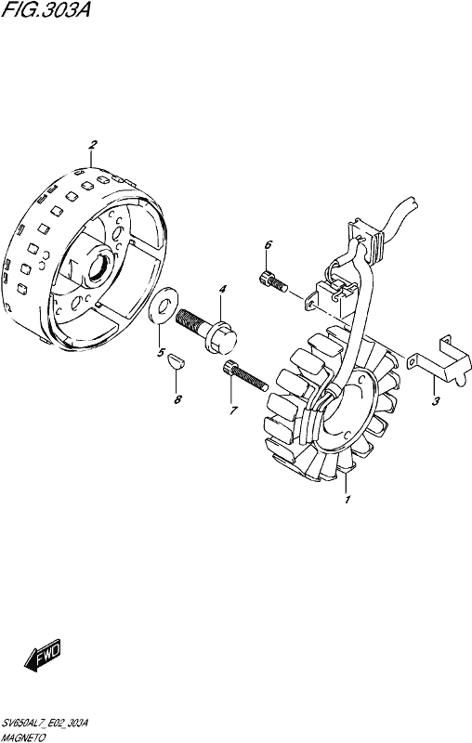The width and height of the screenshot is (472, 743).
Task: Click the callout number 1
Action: coord(347,500)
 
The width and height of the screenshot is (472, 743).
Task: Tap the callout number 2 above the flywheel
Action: coord(93,145)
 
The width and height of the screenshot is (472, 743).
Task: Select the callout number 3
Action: coord(436,401)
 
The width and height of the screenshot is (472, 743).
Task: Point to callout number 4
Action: coord(222,289)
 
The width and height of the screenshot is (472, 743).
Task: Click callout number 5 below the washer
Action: coord(161,353)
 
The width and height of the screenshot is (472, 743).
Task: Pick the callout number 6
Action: coord(269,245)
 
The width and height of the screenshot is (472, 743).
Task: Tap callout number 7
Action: coord(232,411)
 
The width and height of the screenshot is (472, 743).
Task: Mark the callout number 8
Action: coord(177,400)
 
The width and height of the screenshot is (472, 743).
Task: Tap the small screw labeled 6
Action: coord(272,280)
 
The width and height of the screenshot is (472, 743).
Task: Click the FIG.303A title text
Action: coord(46,10)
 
